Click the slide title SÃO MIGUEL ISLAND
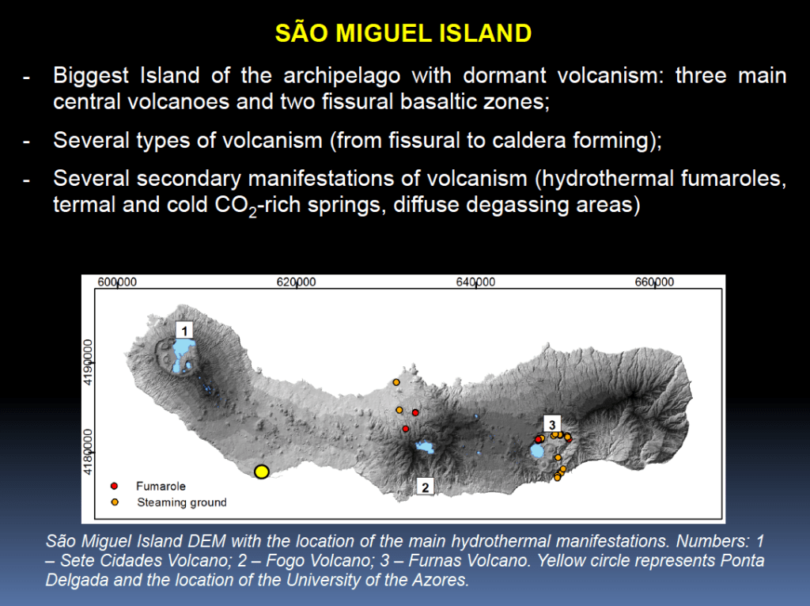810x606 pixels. click(403, 33)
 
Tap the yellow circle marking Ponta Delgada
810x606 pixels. click(262, 472)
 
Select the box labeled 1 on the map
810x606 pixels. click(184, 330)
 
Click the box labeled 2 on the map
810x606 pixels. click(425, 487)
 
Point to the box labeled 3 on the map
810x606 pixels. click(552, 424)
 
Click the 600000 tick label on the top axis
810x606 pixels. click(117, 282)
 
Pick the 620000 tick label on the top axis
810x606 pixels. click(296, 282)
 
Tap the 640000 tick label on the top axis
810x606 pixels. click(475, 282)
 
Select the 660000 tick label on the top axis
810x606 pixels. click(654, 282)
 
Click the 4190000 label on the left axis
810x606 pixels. click(88, 362)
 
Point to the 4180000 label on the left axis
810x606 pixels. click(88, 452)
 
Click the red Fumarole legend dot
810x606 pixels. click(114, 486)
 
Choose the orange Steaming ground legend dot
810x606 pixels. click(115, 502)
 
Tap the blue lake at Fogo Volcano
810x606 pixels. click(425, 447)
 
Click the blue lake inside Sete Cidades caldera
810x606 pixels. click(183, 351)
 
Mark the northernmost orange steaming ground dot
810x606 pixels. click(396, 382)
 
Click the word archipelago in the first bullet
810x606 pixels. click(342, 76)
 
